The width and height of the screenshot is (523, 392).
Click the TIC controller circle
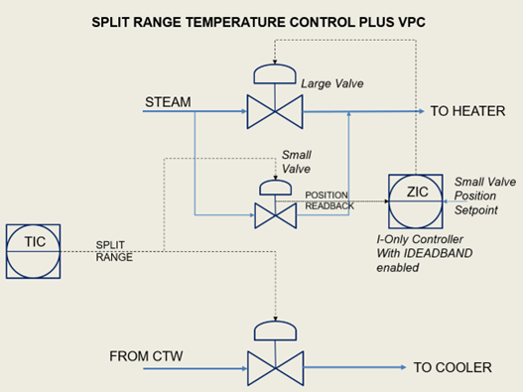point(33,250)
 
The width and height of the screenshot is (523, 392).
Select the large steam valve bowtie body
point(274,110)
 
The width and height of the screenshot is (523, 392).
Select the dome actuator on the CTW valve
point(274,331)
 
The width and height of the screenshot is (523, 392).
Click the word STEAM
point(170,100)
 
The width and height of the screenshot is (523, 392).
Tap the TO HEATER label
point(466,111)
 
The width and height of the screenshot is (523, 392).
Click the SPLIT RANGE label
point(115,250)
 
